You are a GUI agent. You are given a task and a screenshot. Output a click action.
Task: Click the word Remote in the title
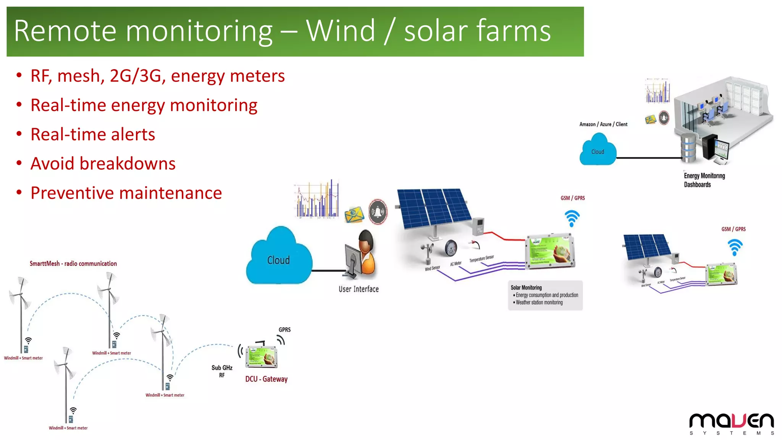click(x=65, y=31)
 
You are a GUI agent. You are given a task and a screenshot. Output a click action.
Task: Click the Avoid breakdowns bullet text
click(x=103, y=164)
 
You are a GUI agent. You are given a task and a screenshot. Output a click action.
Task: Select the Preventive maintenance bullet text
click(x=126, y=193)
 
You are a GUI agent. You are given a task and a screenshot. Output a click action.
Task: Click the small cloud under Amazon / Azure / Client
click(x=598, y=150)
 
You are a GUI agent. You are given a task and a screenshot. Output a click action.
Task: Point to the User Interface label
click(x=359, y=289)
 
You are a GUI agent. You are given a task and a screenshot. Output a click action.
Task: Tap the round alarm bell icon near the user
click(x=378, y=212)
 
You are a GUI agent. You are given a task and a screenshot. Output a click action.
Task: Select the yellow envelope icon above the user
click(x=354, y=215)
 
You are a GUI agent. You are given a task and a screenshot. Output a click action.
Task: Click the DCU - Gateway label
click(x=266, y=379)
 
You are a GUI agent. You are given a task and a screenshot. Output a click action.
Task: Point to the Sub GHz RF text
click(x=222, y=371)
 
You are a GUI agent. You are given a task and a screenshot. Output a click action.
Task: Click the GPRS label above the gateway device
click(x=284, y=330)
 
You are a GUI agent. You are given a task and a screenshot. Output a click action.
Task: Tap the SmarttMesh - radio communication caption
click(x=73, y=264)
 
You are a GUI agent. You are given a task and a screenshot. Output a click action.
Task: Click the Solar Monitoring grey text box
click(x=545, y=295)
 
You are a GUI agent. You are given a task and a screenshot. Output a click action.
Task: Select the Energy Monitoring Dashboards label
click(x=704, y=180)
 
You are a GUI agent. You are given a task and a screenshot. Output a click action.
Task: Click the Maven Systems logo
click(x=731, y=424)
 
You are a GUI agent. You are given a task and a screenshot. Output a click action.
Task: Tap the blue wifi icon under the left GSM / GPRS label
click(x=572, y=218)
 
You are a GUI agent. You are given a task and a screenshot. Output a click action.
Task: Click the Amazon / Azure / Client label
click(x=603, y=124)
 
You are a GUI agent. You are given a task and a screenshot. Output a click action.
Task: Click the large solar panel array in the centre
click(x=433, y=208)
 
